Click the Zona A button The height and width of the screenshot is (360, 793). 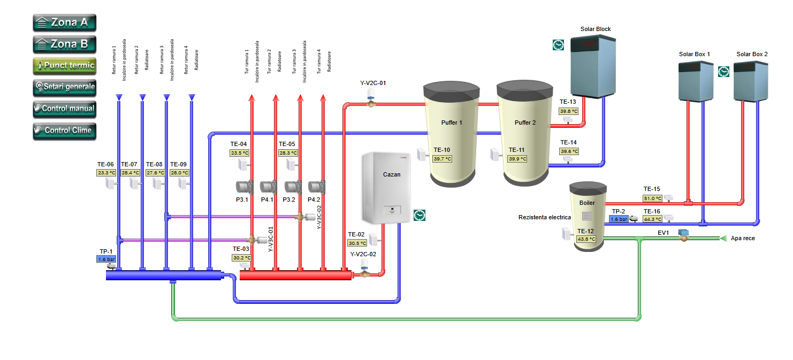[x=64, y=22]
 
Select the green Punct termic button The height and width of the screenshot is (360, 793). [x=64, y=66]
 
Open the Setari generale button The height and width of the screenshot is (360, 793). [x=64, y=87]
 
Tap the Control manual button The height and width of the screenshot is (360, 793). [x=64, y=109]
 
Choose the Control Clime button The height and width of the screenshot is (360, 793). [x=64, y=130]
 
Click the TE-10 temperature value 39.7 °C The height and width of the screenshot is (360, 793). [x=442, y=159]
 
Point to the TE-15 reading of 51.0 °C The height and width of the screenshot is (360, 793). [x=652, y=198]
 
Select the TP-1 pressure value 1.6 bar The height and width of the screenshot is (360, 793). [x=106, y=259]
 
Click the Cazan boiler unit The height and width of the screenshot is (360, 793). [x=381, y=188]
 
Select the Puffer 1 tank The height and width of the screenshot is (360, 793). [x=451, y=134]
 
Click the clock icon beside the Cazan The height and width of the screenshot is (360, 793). [x=420, y=215]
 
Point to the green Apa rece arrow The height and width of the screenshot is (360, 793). [x=723, y=238]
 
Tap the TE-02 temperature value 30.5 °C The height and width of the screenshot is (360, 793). [x=357, y=243]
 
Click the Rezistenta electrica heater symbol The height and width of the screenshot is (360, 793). [x=586, y=216]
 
